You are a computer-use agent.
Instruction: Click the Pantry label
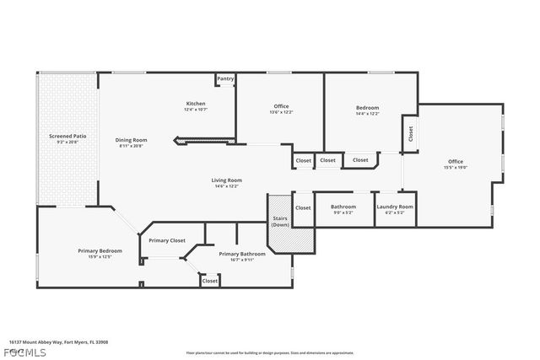point(225,78)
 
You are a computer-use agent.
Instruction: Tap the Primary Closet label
point(166,240)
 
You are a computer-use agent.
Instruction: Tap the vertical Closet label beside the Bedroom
point(410,133)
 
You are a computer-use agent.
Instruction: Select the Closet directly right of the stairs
point(303,207)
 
